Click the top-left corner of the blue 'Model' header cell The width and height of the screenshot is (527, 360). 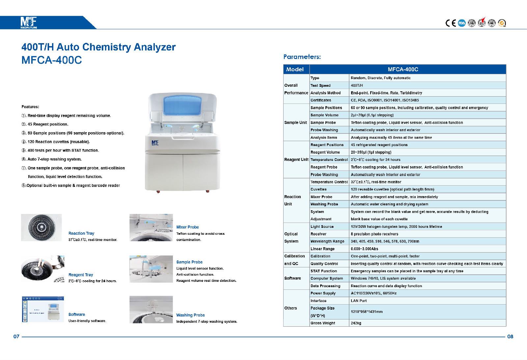click(284, 65)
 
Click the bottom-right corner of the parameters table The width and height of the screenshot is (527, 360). click(506, 326)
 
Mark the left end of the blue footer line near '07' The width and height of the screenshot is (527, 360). click(22, 337)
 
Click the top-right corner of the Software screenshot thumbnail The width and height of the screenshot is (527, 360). click(64, 296)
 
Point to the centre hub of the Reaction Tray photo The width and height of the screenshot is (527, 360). click(42, 227)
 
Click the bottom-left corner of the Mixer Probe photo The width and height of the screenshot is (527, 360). click(130, 241)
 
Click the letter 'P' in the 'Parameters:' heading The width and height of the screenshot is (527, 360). click(286, 57)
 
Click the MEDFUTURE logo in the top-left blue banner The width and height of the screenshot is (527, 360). click(28, 22)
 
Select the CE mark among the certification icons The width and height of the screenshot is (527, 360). click(451, 23)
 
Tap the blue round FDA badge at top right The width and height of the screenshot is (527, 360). click(462, 23)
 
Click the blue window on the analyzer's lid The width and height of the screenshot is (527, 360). click(182, 105)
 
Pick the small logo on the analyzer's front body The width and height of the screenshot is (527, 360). click(155, 143)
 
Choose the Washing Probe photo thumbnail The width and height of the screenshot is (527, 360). click(151, 309)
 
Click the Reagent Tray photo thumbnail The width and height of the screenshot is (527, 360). click(42, 269)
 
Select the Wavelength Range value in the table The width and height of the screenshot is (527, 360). click(385, 241)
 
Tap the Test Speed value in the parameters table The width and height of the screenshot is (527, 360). click(357, 85)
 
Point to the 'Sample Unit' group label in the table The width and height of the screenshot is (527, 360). click(295, 122)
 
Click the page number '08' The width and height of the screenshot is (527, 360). click(510, 337)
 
